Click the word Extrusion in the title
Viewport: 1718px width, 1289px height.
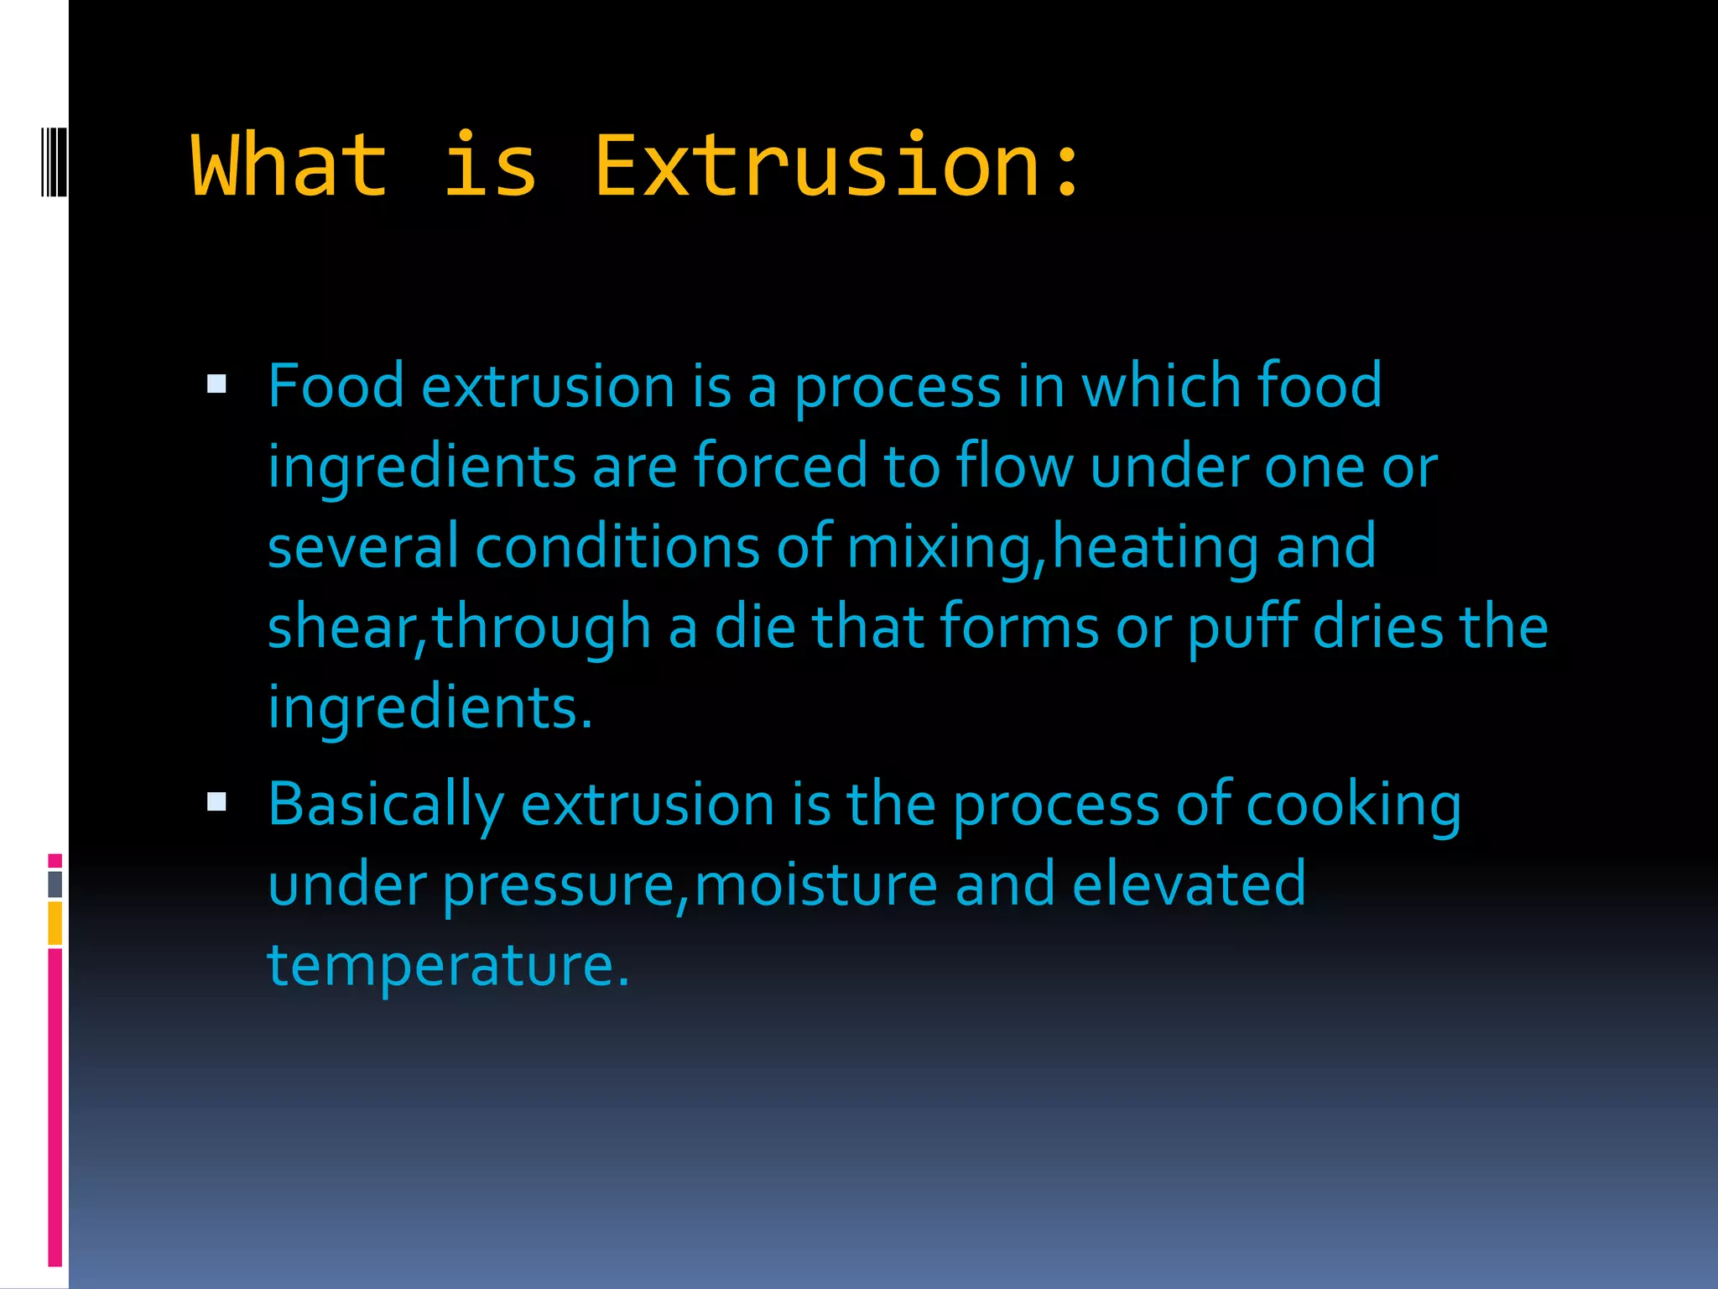[x=818, y=167]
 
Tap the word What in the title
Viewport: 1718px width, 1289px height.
[x=289, y=167]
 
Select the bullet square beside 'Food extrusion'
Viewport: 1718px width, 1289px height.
[x=217, y=384]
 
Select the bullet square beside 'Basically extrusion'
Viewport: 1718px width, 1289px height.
[x=217, y=802]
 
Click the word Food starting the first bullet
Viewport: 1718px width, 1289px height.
[x=336, y=386]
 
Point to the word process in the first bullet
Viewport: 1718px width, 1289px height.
[x=898, y=388]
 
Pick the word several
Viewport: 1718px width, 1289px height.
[x=362, y=546]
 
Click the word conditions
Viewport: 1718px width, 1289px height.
[x=617, y=546]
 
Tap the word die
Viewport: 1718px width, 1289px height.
[x=754, y=627]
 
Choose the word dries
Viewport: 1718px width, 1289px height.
[x=1378, y=627]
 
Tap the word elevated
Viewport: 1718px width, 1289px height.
[x=1189, y=885]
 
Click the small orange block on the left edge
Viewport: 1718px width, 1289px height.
[x=55, y=923]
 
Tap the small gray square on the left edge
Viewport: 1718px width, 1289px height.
[x=55, y=884]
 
